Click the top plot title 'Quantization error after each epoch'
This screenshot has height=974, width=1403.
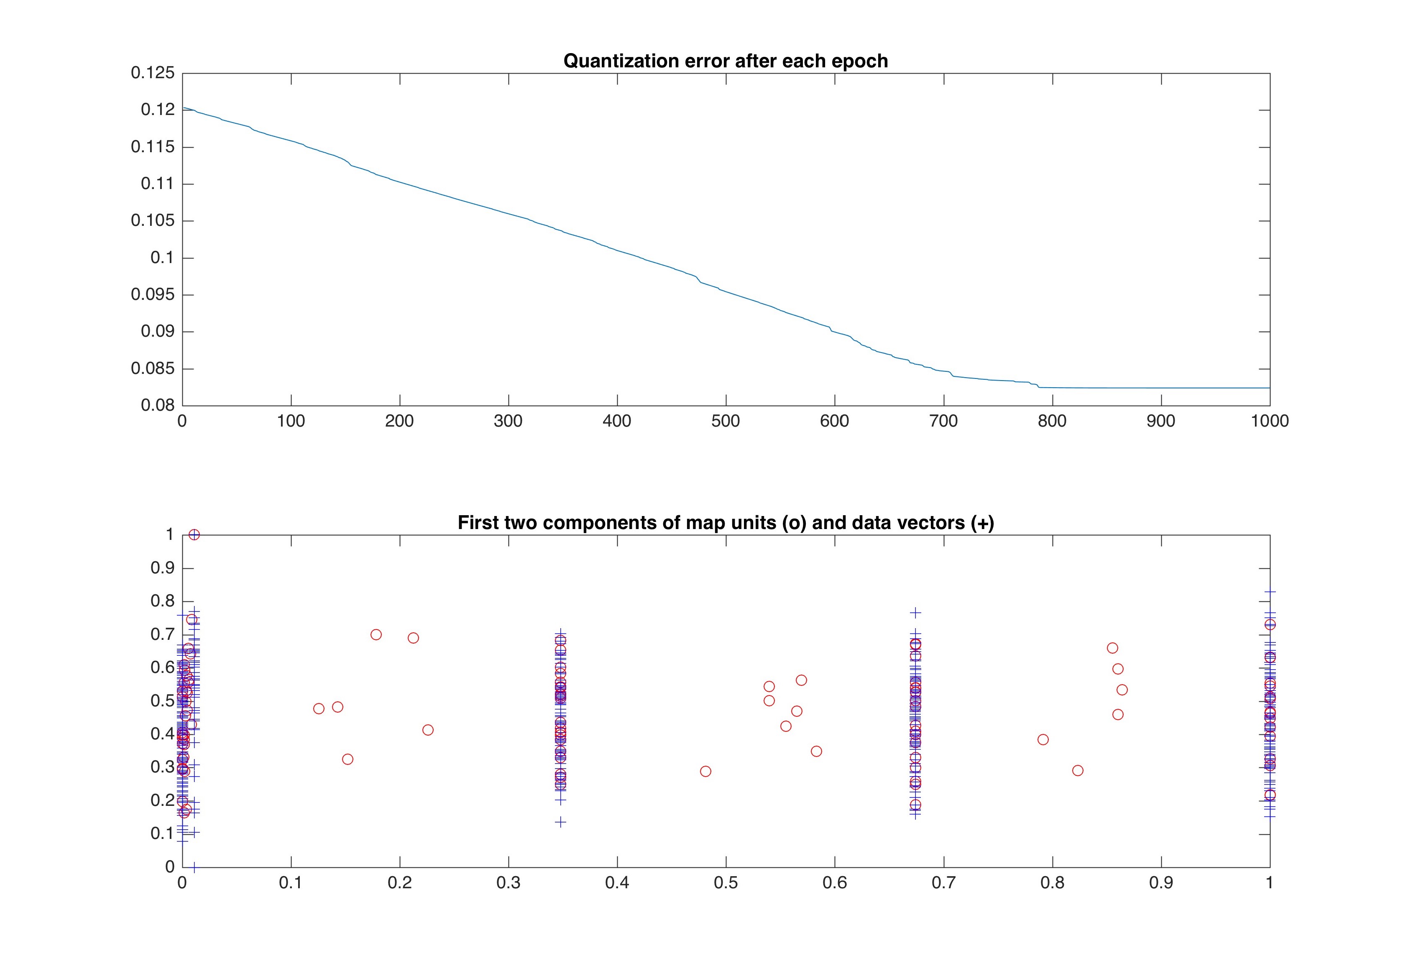725,61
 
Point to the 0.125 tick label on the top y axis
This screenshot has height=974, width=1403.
153,73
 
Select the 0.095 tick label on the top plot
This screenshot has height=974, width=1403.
153,295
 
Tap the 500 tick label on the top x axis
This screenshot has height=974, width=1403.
726,421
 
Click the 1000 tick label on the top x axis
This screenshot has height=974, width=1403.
1269,421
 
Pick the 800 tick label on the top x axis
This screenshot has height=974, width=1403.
1052,421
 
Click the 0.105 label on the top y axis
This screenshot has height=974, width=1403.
153,221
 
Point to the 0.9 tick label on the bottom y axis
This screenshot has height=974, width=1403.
162,568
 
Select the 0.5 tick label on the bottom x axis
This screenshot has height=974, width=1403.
726,883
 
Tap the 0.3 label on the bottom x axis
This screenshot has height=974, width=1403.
509,883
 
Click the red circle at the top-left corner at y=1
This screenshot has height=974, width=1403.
194,534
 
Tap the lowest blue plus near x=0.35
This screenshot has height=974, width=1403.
560,822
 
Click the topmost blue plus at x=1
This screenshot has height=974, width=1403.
1270,592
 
